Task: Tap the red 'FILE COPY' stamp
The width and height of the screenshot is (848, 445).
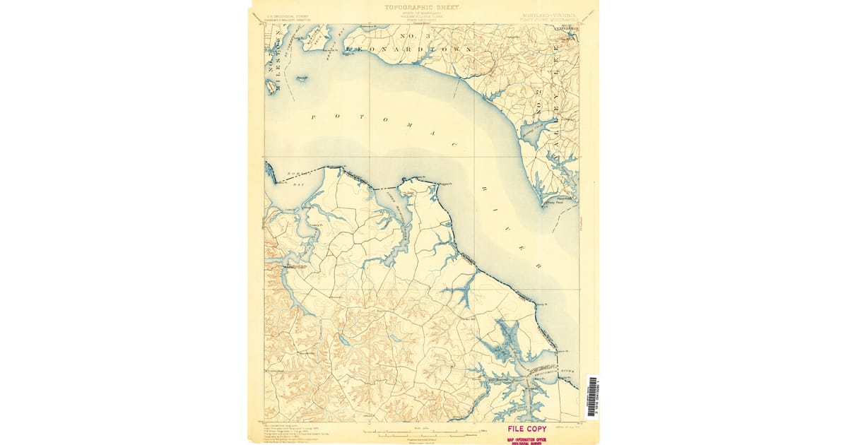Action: pos(526,429)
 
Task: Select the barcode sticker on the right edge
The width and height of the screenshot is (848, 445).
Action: pos(592,397)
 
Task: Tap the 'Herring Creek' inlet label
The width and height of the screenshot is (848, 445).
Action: pos(531,127)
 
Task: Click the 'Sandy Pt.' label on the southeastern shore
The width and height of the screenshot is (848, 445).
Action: pos(542,304)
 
